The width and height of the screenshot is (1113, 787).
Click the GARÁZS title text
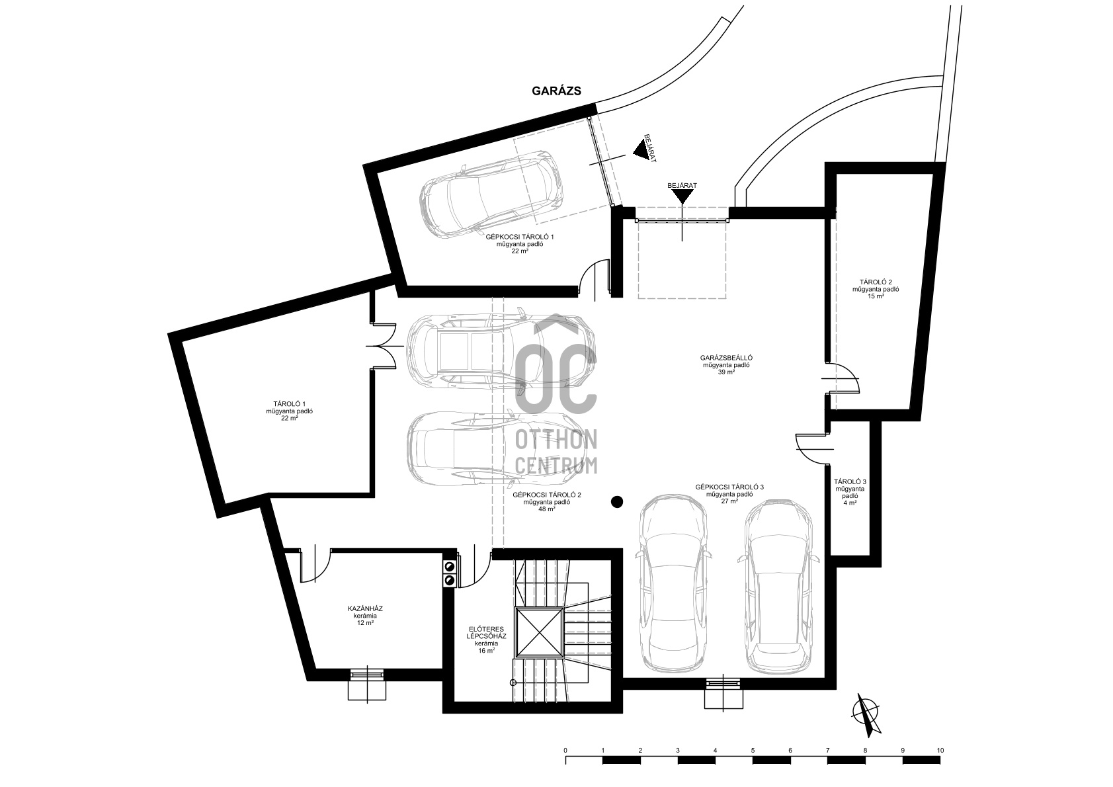pyautogui.click(x=556, y=91)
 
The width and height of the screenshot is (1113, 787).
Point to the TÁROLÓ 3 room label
pyautogui.click(x=850, y=481)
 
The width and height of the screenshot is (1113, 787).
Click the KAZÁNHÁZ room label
pyautogui.click(x=364, y=608)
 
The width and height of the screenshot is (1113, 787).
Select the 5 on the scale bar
pyautogui.click(x=753, y=751)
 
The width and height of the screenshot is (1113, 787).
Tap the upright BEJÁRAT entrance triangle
pyautogui.click(x=682, y=197)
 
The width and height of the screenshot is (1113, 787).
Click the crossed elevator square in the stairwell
pyautogui.click(x=539, y=632)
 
